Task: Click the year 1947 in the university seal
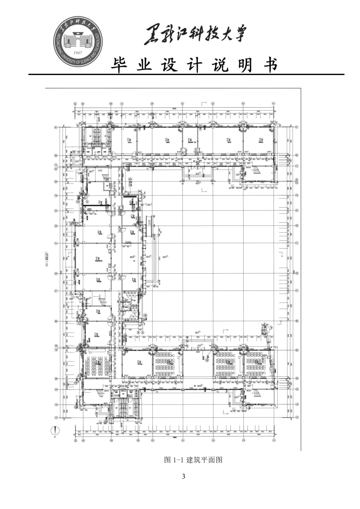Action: (x=78, y=53)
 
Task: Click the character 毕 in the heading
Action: (x=119, y=66)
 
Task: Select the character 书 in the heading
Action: (x=270, y=66)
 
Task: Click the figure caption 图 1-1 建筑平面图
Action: (x=193, y=460)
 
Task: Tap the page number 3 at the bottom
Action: (x=183, y=476)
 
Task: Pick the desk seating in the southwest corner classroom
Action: (x=97, y=366)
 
